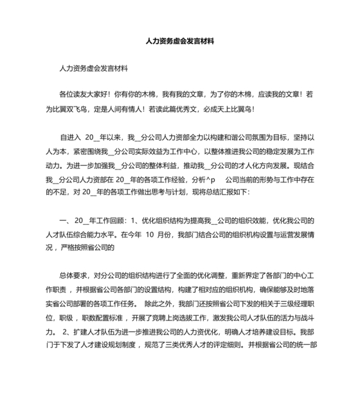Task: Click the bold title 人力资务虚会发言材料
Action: [x=180, y=40]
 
